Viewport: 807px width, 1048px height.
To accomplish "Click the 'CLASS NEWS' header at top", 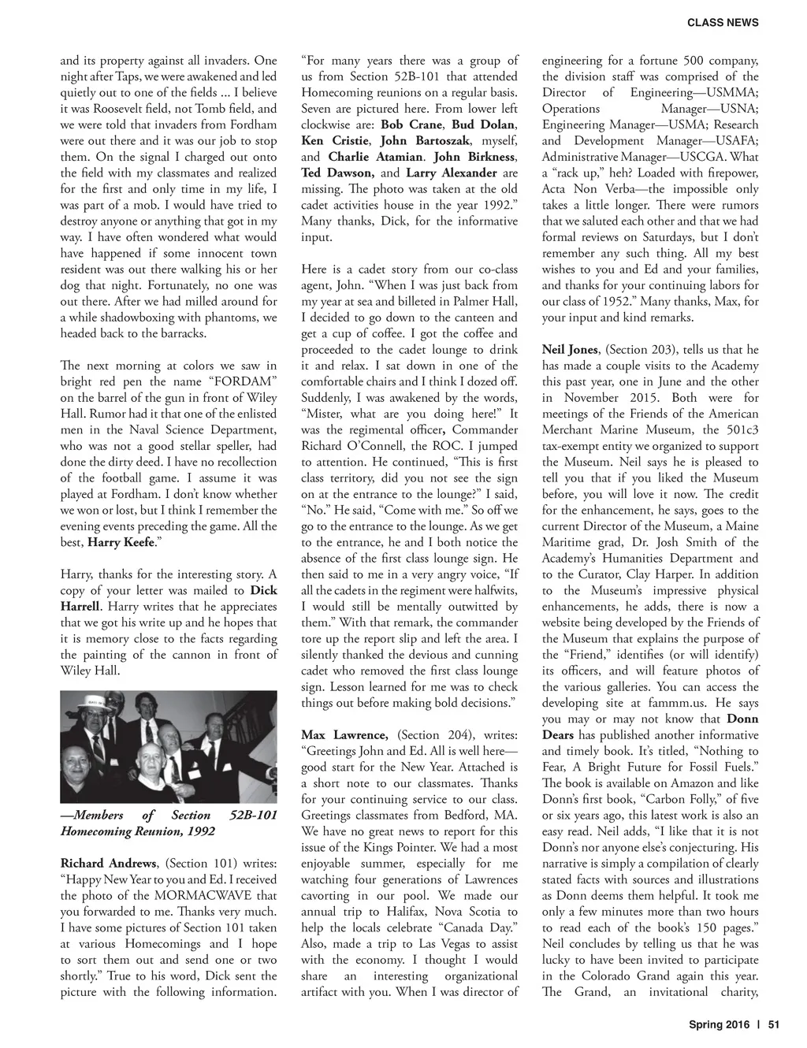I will (723, 23).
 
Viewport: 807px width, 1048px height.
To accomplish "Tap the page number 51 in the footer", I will (773, 1025).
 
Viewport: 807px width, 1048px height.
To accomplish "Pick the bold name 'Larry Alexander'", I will (452, 173).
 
